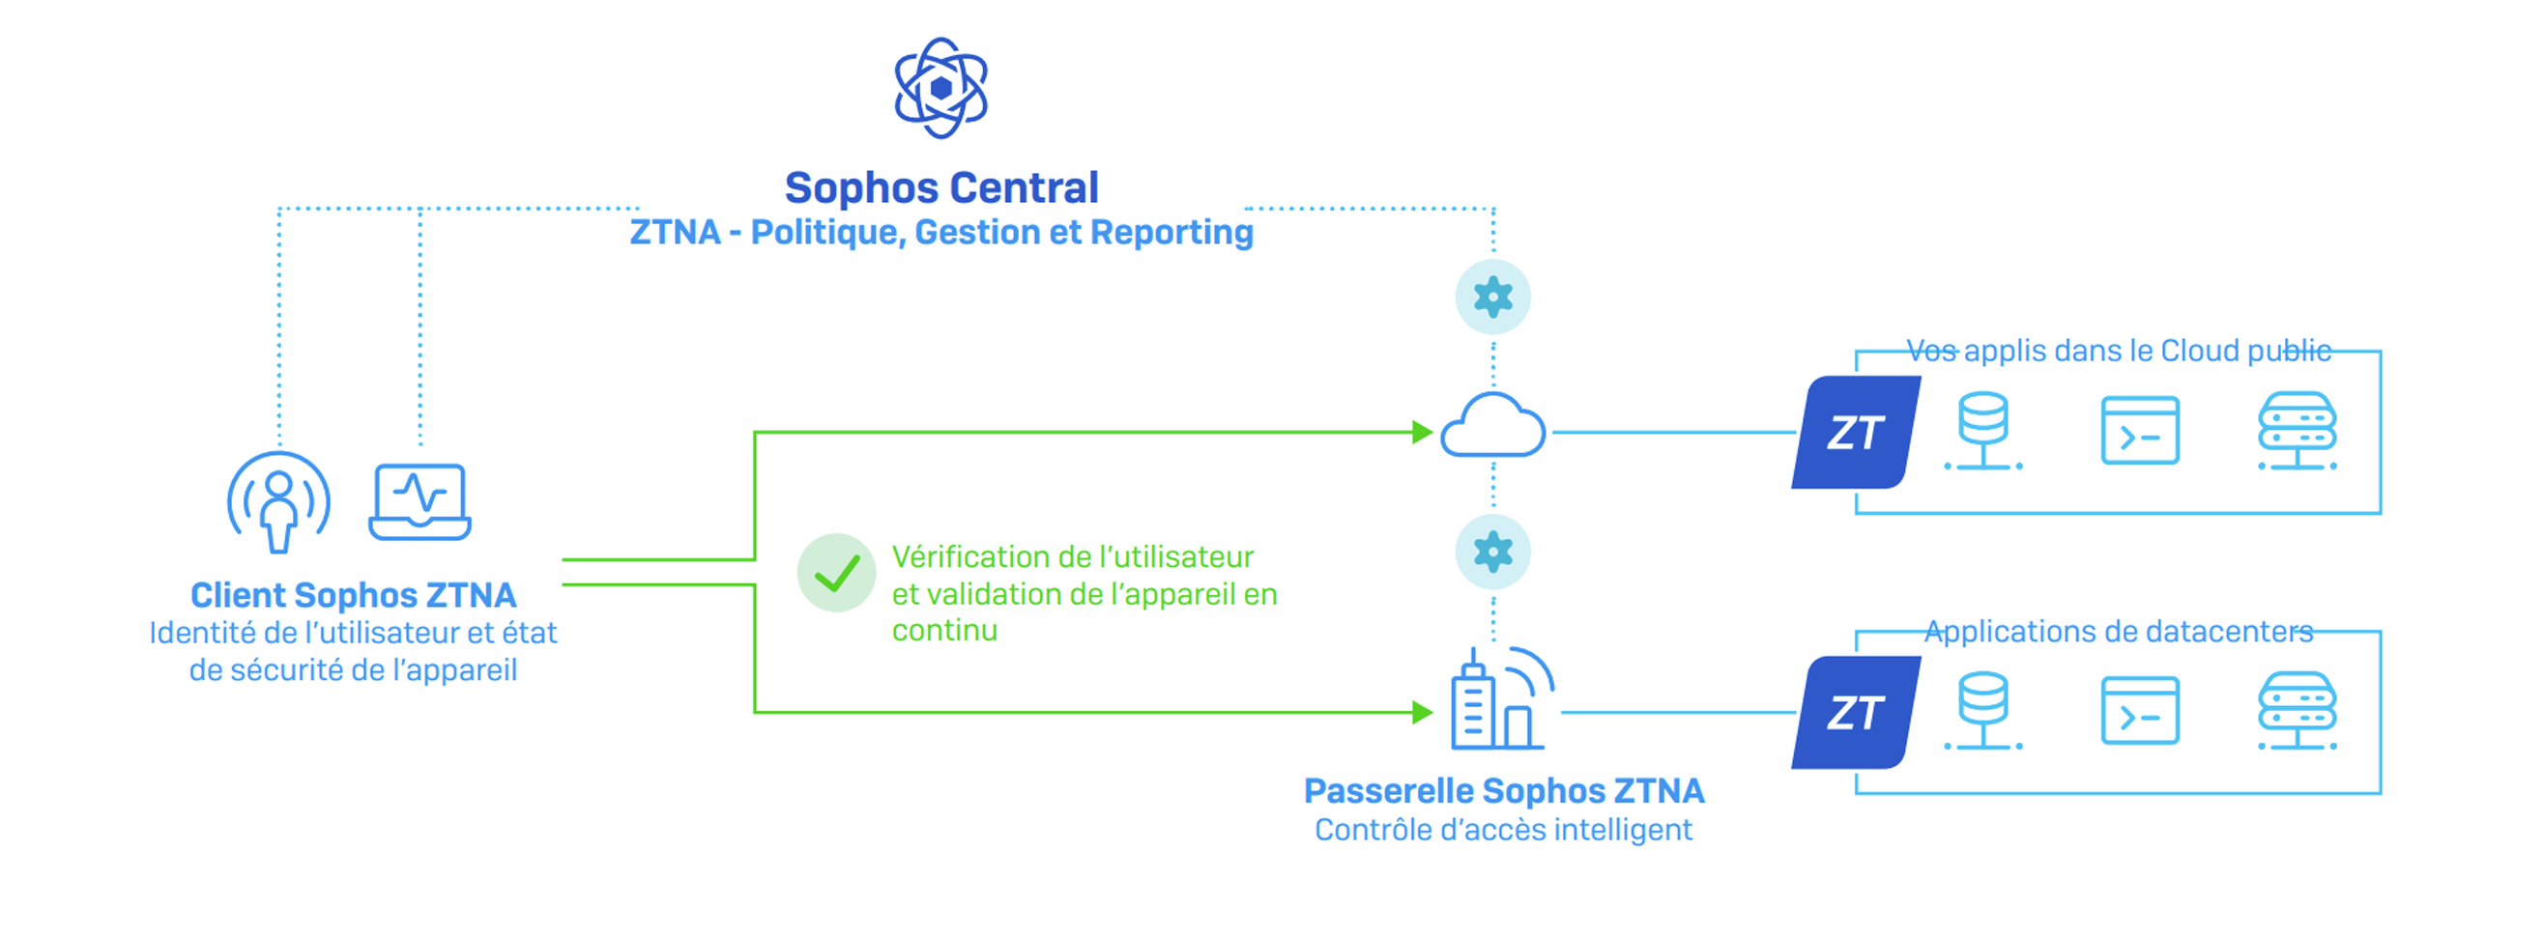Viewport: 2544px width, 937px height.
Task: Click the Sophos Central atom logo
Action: (x=941, y=88)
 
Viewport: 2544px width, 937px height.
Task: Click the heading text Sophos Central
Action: (x=941, y=186)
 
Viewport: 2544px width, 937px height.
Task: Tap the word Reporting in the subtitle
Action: (x=1171, y=232)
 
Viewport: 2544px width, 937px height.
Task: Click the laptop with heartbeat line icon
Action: (x=419, y=501)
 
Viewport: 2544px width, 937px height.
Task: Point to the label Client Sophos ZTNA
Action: (x=354, y=595)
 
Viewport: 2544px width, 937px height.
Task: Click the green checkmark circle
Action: (x=836, y=573)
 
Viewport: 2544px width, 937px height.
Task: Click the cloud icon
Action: (x=1493, y=426)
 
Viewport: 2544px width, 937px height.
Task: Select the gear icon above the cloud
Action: (x=1493, y=298)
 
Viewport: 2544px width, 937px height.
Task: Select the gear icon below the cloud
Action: (x=1493, y=552)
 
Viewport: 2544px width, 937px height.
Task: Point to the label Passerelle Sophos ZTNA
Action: (x=1504, y=791)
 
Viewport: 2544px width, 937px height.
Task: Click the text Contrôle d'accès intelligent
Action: (x=1503, y=830)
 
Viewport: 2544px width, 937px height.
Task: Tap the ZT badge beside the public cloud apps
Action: (x=1857, y=433)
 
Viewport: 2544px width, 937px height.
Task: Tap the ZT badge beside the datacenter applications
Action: (x=1857, y=713)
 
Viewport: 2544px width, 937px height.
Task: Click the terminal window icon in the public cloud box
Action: (x=2140, y=431)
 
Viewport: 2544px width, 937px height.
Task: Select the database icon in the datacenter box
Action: (x=1983, y=711)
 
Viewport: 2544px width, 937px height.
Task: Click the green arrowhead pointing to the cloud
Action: (x=1423, y=433)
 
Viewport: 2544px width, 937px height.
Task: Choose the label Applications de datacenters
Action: (x=2120, y=631)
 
